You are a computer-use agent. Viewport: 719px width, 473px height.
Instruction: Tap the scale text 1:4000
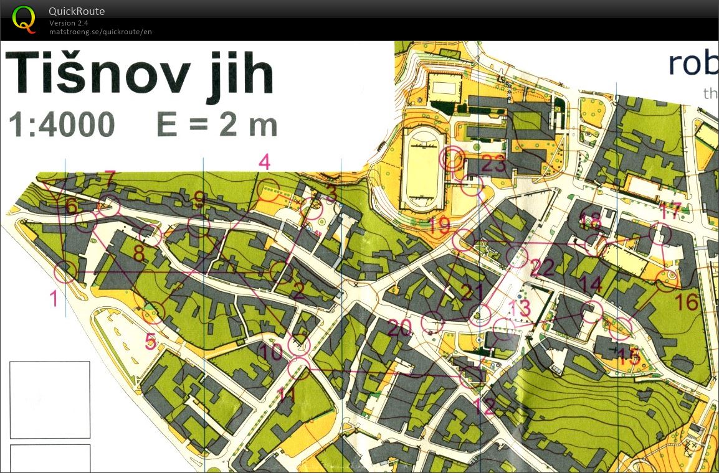(x=62, y=125)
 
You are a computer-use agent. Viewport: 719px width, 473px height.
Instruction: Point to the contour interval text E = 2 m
(x=217, y=125)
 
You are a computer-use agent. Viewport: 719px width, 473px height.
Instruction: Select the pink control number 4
(x=264, y=163)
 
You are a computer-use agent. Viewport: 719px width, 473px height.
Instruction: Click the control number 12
(x=484, y=407)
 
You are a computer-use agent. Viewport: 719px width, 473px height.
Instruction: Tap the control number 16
(x=687, y=302)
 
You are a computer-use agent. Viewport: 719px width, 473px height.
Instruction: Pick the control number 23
(x=493, y=166)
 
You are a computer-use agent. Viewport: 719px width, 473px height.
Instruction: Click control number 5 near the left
(x=150, y=341)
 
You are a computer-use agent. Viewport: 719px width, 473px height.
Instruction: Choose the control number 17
(x=670, y=212)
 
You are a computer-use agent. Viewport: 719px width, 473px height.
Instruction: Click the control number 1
(x=54, y=299)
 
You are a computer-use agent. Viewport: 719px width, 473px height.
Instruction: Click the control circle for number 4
(x=269, y=188)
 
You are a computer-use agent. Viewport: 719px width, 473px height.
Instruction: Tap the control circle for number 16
(x=667, y=281)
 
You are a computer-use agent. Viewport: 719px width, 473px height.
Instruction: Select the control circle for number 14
(x=592, y=311)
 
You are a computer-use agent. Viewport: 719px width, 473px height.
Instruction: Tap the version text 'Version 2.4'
(x=69, y=23)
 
